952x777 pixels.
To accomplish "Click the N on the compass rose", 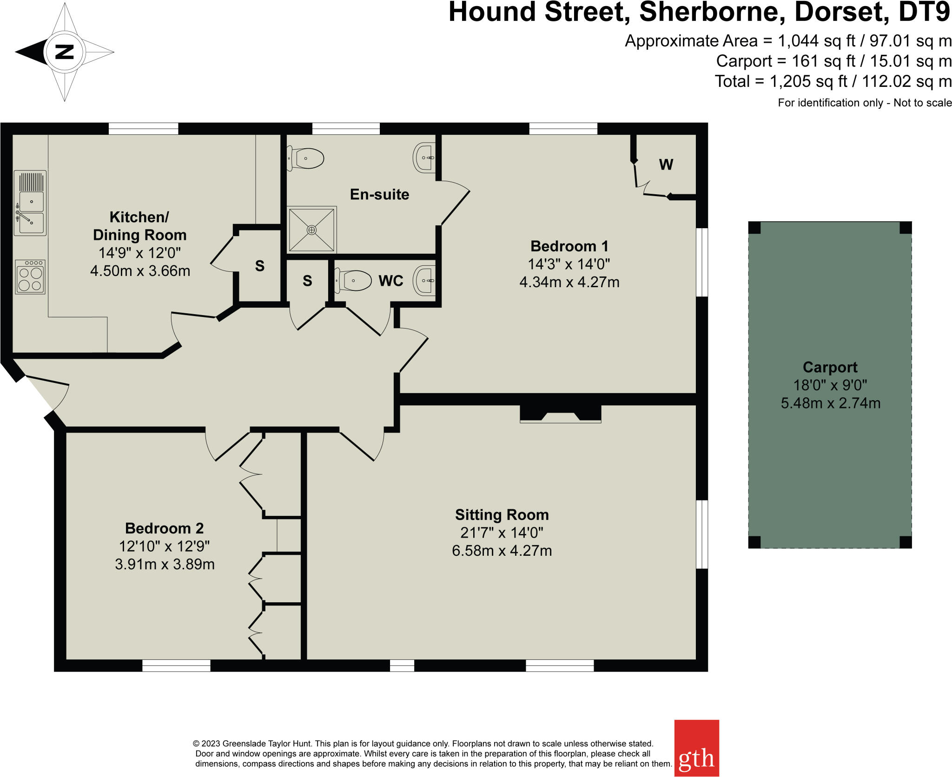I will [x=65, y=52].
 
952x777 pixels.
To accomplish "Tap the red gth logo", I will [x=696, y=748].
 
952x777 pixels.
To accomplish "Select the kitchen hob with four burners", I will [x=30, y=277].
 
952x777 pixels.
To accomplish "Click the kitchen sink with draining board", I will [x=30, y=203].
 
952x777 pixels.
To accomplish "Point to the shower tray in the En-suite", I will [x=311, y=230].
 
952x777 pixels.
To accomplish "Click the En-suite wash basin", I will [x=424, y=158].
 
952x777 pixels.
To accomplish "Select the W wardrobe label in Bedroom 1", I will [x=666, y=165].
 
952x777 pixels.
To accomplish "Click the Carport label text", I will [x=830, y=367].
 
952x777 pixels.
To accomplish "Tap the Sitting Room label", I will [x=502, y=515].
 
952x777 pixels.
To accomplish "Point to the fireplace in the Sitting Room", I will [x=560, y=414].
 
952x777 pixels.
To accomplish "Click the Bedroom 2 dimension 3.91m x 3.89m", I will [x=165, y=564].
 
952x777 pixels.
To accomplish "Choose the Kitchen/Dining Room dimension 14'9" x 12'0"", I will [x=139, y=253].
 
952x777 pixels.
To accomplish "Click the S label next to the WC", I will [x=307, y=281].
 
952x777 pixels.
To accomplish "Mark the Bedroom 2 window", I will [x=176, y=665].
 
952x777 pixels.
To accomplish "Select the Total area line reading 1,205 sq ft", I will [x=833, y=81].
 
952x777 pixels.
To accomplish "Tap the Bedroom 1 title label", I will [x=569, y=246].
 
